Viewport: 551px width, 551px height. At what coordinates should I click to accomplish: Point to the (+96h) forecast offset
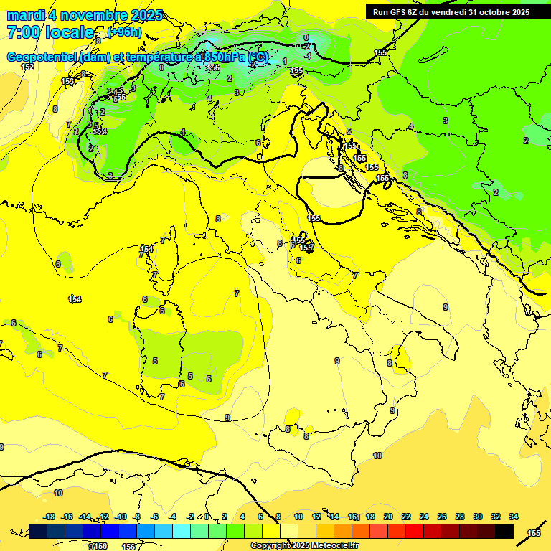point(125,32)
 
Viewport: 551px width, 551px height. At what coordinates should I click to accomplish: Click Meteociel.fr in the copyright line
point(334,546)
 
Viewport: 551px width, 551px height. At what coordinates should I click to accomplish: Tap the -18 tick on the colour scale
point(50,517)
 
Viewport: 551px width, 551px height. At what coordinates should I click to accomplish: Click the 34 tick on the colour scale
point(514,517)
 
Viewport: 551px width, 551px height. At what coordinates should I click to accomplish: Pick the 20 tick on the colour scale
point(388,517)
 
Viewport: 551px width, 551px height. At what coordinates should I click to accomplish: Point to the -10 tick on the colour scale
point(121,517)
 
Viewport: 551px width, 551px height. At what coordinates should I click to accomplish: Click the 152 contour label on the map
point(27,67)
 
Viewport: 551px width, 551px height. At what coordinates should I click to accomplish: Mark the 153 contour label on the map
point(67,82)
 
